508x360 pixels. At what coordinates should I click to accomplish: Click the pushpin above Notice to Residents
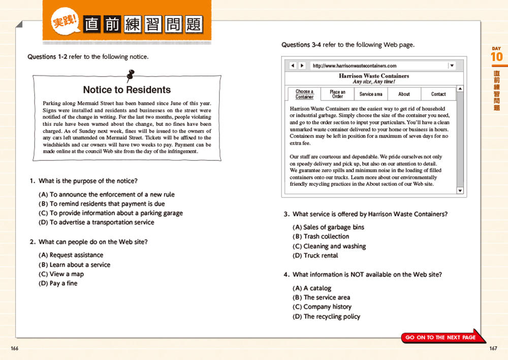coord(129,76)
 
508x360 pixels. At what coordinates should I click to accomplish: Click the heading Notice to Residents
coord(126,90)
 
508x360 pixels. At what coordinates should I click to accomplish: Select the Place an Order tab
coord(337,94)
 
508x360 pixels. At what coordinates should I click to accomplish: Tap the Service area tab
coord(371,94)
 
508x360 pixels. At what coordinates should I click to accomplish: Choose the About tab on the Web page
coord(404,94)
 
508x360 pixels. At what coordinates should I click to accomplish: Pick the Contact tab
coord(438,94)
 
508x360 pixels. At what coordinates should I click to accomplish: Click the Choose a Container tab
coord(304,94)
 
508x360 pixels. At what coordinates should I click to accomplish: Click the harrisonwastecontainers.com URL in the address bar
coord(355,66)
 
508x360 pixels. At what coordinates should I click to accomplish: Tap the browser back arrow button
coord(293,66)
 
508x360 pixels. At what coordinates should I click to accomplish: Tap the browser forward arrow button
coord(302,66)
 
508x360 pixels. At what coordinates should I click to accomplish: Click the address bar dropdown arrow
coord(452,66)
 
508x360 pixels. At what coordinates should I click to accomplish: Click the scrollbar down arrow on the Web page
coord(460,191)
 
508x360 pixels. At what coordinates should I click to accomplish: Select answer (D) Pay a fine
coord(58,283)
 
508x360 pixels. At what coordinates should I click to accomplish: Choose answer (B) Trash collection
coord(321,237)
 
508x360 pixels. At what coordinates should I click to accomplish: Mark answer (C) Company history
coord(322,307)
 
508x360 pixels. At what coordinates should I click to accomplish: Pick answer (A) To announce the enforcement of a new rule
coord(106,194)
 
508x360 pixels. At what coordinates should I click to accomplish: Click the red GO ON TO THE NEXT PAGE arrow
coord(442,337)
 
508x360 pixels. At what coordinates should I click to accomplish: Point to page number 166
coord(14,348)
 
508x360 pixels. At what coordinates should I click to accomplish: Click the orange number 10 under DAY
coord(496,57)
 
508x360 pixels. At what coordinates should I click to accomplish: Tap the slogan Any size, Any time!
coord(374,82)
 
